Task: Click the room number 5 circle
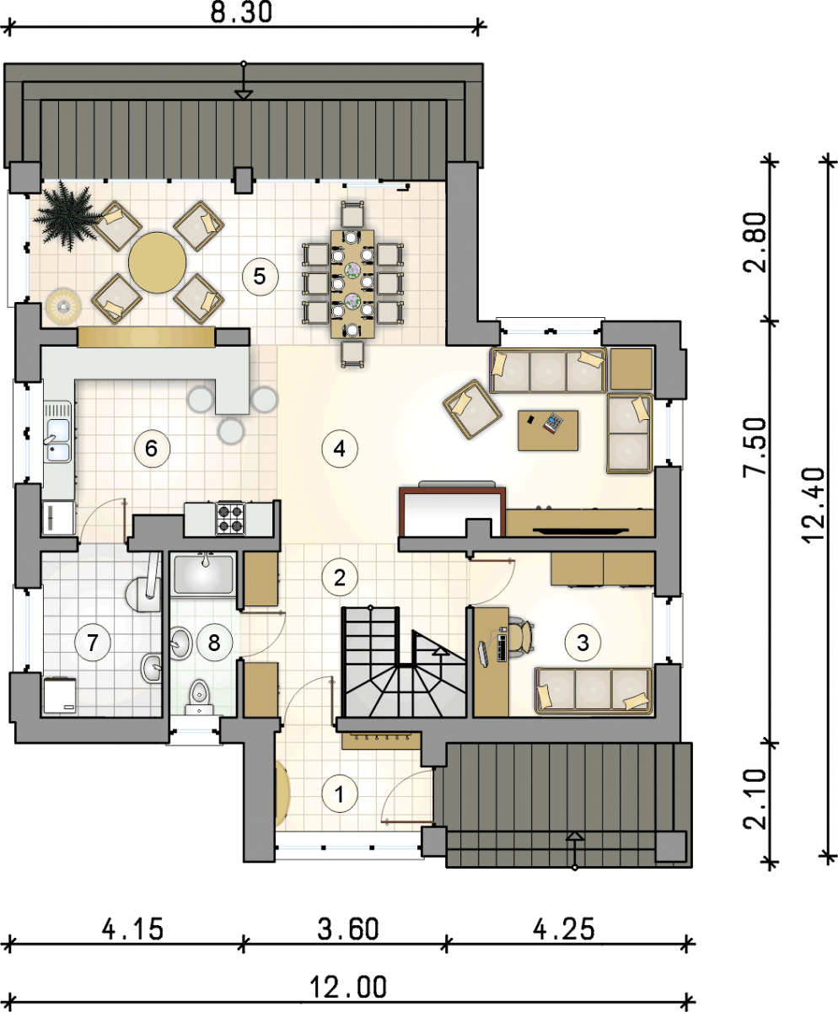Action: tap(261, 277)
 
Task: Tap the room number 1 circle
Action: tap(340, 794)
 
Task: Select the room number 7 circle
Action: tap(93, 643)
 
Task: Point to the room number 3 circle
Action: tap(583, 643)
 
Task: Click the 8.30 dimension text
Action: tap(241, 13)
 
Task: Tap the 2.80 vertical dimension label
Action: tap(755, 243)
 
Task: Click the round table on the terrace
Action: tap(157, 262)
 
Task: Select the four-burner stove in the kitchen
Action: tap(230, 518)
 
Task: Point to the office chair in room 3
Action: tap(520, 638)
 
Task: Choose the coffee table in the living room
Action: tap(548, 430)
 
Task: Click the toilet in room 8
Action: tap(199, 697)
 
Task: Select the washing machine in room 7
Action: tap(60, 696)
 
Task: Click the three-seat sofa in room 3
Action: tap(594, 691)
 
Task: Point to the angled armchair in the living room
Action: tap(472, 409)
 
